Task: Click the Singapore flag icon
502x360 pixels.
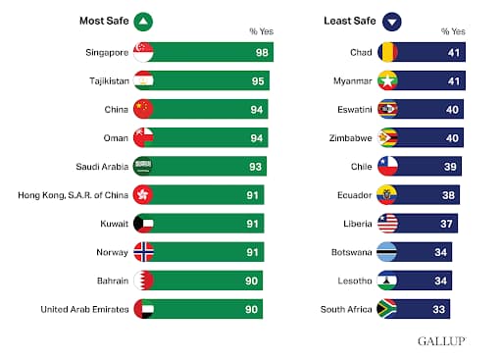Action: (x=143, y=51)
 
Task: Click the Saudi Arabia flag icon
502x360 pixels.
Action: (x=143, y=166)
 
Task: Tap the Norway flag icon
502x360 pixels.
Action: (x=143, y=252)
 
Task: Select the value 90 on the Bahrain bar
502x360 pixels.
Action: (x=250, y=281)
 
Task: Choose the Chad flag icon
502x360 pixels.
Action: (x=388, y=51)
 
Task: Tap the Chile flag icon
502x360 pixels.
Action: (x=388, y=166)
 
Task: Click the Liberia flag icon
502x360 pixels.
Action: (x=388, y=224)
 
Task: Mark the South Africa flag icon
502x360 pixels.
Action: (x=388, y=309)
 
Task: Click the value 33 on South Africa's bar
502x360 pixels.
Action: (x=440, y=309)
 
